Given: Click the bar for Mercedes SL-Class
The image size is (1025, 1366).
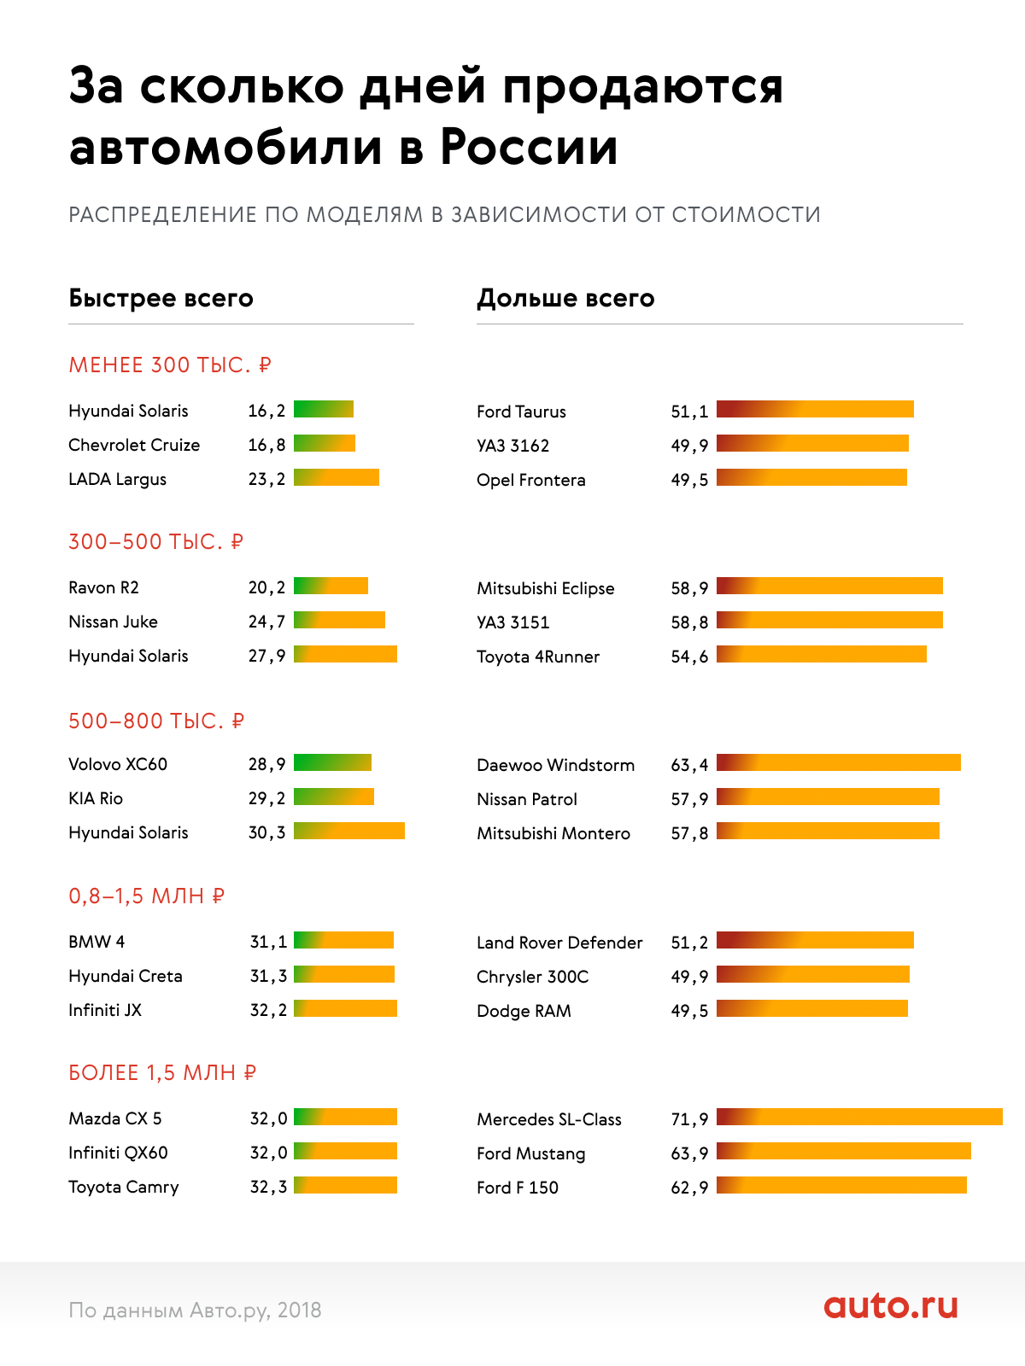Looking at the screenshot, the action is pyautogui.click(x=859, y=1117).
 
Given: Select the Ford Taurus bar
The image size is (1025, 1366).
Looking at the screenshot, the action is pyautogui.click(x=815, y=409).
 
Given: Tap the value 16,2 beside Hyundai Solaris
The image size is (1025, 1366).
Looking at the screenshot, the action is pyautogui.click(x=266, y=411).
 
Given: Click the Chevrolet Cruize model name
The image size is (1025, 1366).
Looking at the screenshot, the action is pyautogui.click(x=134, y=445).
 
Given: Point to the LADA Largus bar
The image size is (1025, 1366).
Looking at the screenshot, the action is pyautogui.click(x=336, y=477).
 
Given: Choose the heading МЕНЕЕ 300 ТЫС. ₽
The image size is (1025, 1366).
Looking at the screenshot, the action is pyautogui.click(x=170, y=365).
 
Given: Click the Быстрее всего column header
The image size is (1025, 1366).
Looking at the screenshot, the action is pyautogui.click(x=161, y=298).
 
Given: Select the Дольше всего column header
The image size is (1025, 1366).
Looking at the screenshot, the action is pyautogui.click(x=565, y=298).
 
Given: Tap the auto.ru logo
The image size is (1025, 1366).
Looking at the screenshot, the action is pyautogui.click(x=891, y=1305).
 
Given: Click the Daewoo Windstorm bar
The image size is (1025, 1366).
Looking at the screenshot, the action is pyautogui.click(x=838, y=762).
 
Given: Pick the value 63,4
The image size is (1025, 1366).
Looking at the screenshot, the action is pyautogui.click(x=689, y=765).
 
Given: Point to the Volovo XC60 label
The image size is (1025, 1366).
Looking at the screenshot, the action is pyautogui.click(x=118, y=764).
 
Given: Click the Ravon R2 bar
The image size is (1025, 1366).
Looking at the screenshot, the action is pyautogui.click(x=331, y=586).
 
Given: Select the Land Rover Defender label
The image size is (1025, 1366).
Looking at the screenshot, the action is pyautogui.click(x=559, y=943).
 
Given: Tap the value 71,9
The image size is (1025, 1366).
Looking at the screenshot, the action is pyautogui.click(x=689, y=1119).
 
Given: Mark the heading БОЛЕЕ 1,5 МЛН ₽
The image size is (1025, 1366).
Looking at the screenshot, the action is pyautogui.click(x=162, y=1073).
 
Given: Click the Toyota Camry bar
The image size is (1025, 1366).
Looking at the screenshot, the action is pyautogui.click(x=345, y=1185).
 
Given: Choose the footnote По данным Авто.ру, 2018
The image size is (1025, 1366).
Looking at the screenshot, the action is pyautogui.click(x=195, y=1310).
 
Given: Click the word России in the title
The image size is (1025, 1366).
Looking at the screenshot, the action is pyautogui.click(x=529, y=148).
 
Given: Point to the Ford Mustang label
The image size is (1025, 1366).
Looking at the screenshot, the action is pyautogui.click(x=530, y=1153).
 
